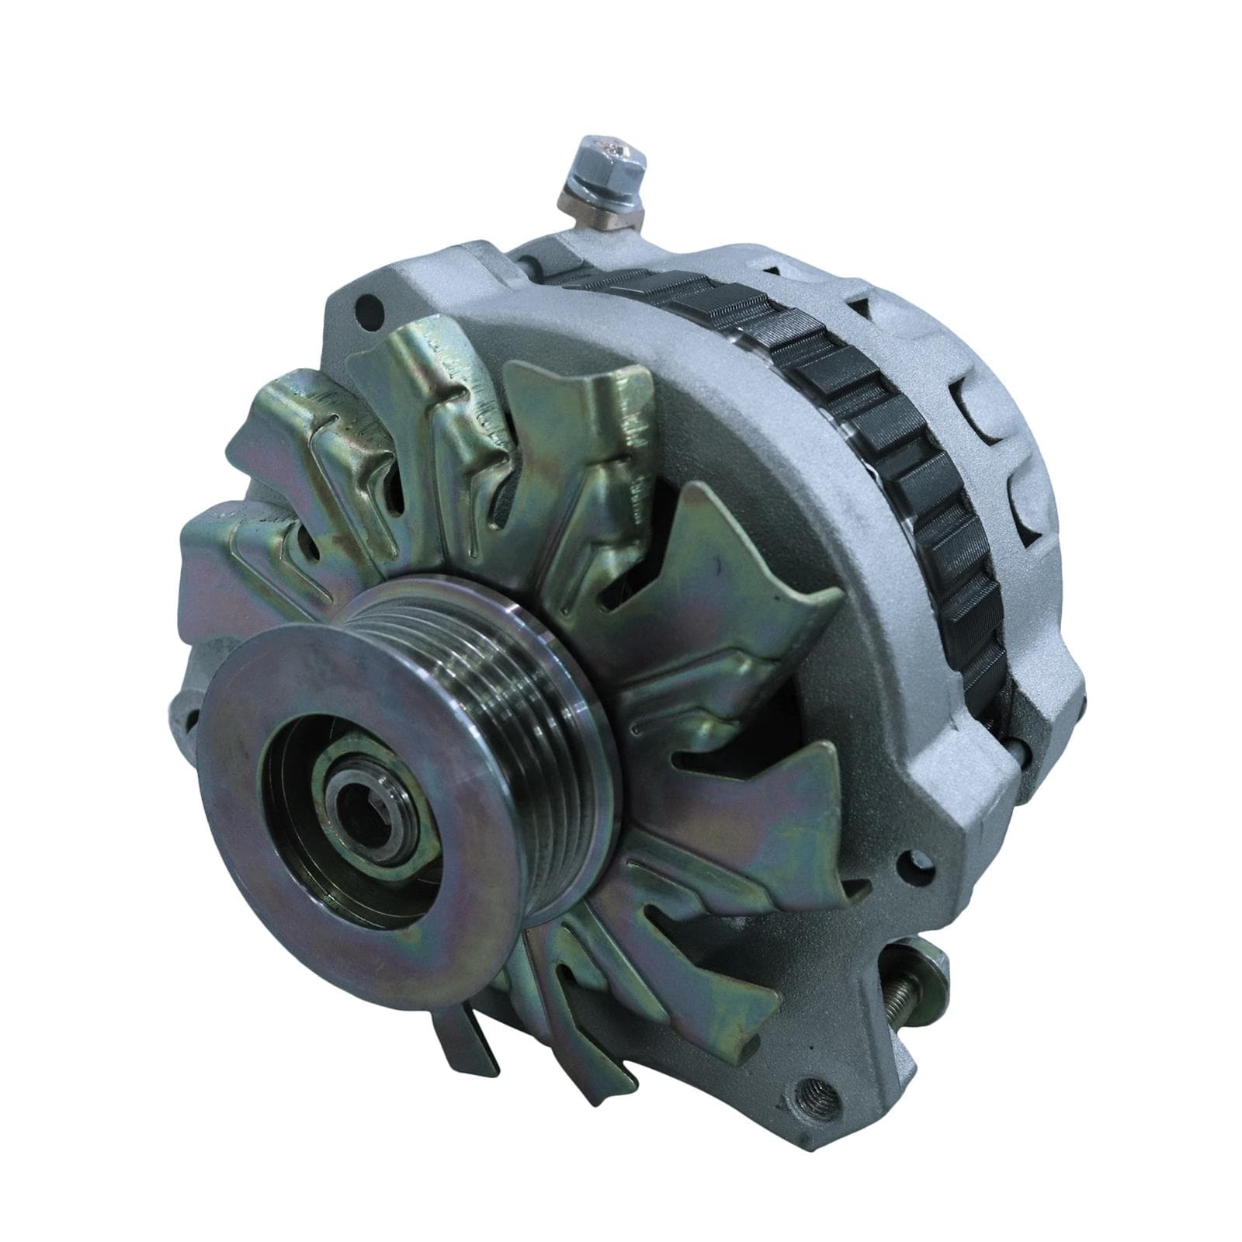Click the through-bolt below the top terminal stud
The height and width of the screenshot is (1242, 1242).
(x=536, y=264)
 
